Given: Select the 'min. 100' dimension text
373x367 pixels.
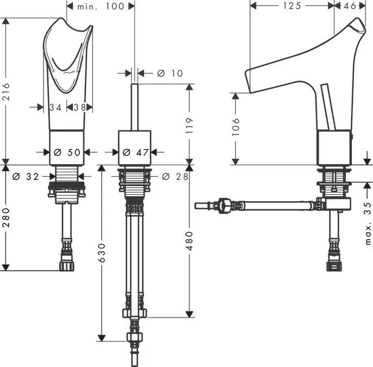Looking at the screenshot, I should [x=101, y=6].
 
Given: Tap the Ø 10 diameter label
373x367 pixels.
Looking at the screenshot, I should [x=170, y=73].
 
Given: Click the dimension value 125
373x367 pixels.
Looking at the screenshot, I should [x=292, y=6].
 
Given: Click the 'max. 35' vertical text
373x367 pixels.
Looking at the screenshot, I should [x=368, y=223].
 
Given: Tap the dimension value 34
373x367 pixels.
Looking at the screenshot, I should [x=55, y=107].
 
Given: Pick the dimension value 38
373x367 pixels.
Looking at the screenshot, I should [x=79, y=107].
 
